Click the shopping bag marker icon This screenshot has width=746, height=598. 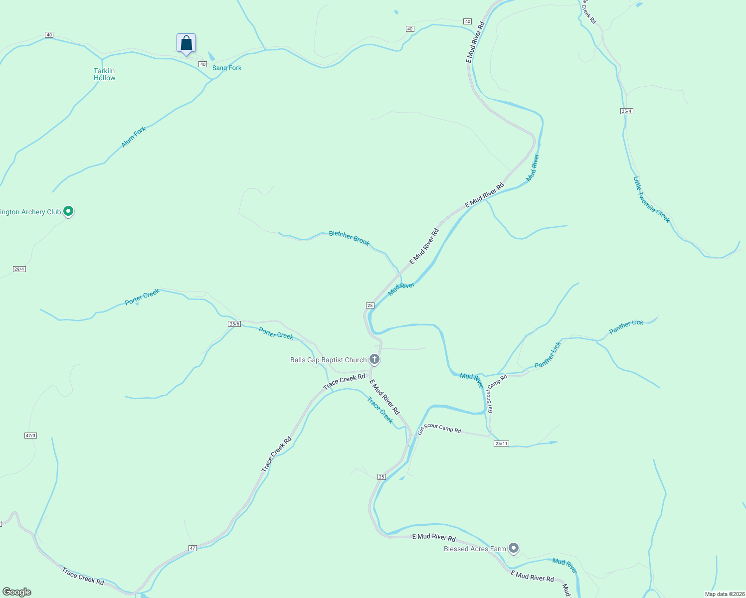[x=186, y=43]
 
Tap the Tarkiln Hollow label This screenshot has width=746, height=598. [x=104, y=74]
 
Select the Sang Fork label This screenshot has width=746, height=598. [x=227, y=68]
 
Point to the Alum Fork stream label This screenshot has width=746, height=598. [x=134, y=137]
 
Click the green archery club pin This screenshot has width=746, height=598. [x=69, y=211]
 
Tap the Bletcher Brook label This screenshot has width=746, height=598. [x=349, y=238]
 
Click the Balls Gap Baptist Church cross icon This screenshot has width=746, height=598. [x=374, y=359]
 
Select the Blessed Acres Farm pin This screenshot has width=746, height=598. [x=514, y=548]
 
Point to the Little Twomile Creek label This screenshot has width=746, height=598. [x=652, y=199]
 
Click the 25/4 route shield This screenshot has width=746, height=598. [x=627, y=111]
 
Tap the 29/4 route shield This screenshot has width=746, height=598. [x=19, y=269]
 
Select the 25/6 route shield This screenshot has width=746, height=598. [x=234, y=324]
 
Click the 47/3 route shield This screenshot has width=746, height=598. [x=30, y=436]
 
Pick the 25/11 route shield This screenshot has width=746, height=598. [x=501, y=444]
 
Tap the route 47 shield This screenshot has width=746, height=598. [x=192, y=548]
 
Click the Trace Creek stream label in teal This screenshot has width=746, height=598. [x=380, y=410]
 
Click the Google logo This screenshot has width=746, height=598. [x=17, y=592]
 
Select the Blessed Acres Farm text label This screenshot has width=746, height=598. [x=475, y=549]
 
